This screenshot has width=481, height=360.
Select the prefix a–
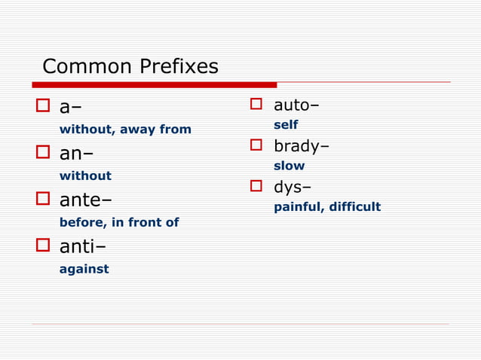coord(71,108)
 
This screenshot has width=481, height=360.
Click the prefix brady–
coord(301,145)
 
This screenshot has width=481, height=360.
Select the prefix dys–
coord(293,186)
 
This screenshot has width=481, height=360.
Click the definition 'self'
coord(286,125)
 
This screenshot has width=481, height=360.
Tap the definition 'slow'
coord(290,166)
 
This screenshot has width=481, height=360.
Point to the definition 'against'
coord(84,269)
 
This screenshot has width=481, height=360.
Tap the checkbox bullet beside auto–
coord(256,104)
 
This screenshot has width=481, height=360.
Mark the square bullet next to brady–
coord(256,145)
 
